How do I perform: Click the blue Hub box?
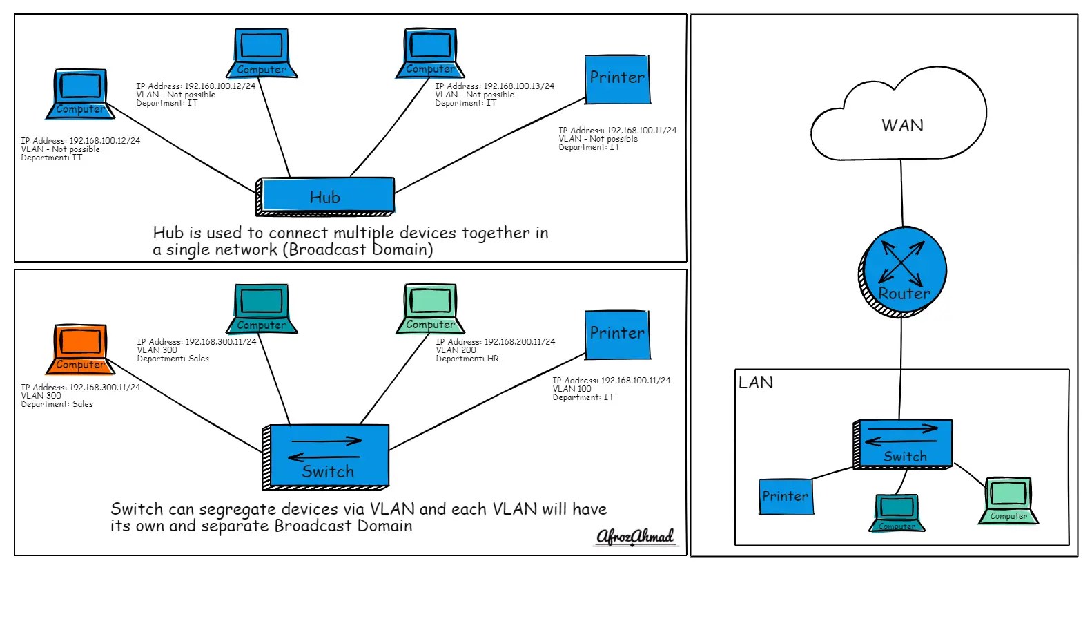pyautogui.click(x=326, y=196)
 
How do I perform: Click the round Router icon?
pyautogui.click(x=903, y=272)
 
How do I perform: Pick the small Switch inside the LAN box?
pyautogui.click(x=904, y=444)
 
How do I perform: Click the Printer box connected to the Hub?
pyautogui.click(x=617, y=79)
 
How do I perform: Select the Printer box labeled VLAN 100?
pyautogui.click(x=617, y=334)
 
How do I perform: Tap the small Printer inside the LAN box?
pyautogui.click(x=786, y=496)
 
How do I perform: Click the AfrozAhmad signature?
pyautogui.click(x=635, y=537)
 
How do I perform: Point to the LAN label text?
pyautogui.click(x=756, y=383)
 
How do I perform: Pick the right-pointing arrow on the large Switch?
pyautogui.click(x=326, y=441)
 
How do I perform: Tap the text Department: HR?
pyautogui.click(x=467, y=359)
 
